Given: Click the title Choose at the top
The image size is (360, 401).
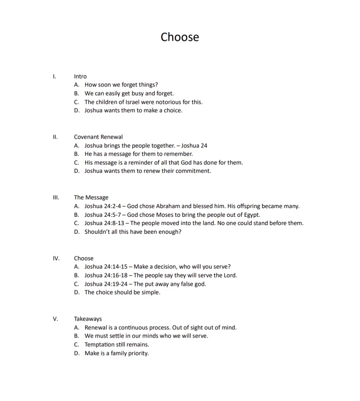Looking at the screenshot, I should pyautogui.click(x=180, y=37).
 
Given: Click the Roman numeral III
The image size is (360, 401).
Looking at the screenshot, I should pyautogui.click(x=56, y=197).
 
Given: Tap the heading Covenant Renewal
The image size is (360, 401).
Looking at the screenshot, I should pyautogui.click(x=98, y=137).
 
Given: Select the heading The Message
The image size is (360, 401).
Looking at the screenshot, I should pyautogui.click(x=91, y=197).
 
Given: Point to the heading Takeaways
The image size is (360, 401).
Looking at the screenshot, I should pyautogui.click(x=88, y=318).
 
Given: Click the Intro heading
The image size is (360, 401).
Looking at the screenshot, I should pyautogui.click(x=80, y=76).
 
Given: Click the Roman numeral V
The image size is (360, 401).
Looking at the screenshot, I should pyautogui.click(x=55, y=318).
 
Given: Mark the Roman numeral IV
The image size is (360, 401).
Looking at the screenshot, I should pyautogui.click(x=56, y=258).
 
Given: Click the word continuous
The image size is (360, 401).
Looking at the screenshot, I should pyautogui.click(x=147, y=328).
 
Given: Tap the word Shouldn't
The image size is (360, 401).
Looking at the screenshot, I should pyautogui.click(x=99, y=232).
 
